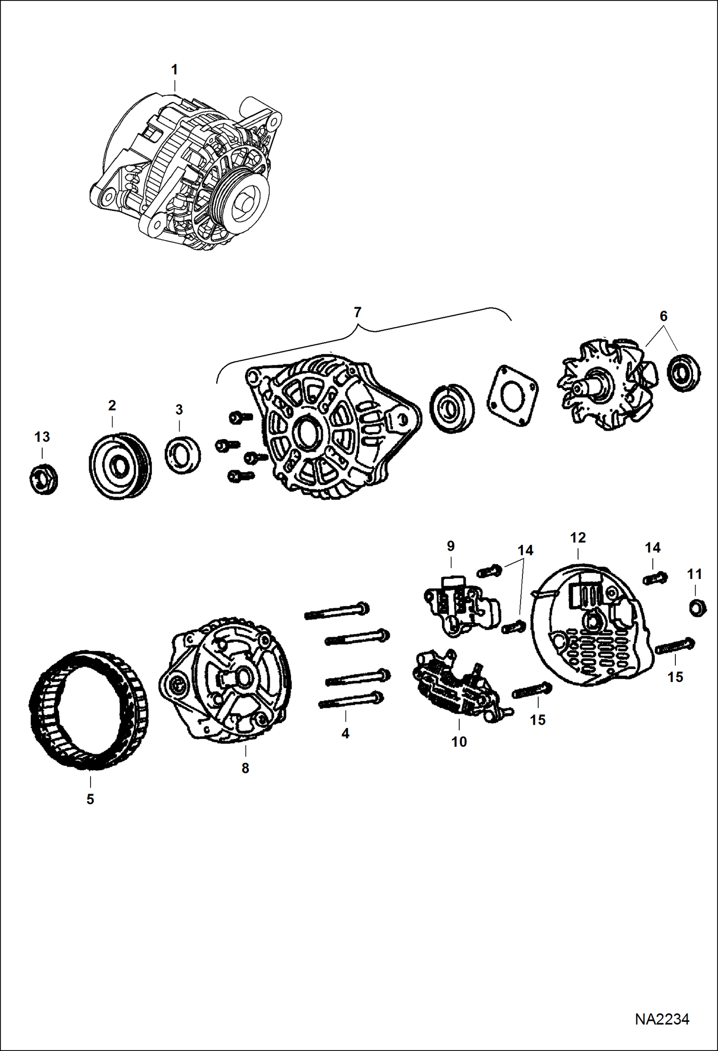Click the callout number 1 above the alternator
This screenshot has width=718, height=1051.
[x=174, y=70]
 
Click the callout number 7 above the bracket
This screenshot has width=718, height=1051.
[x=357, y=312]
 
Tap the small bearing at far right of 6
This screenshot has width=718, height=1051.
[x=683, y=372]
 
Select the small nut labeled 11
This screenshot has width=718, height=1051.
[x=697, y=608]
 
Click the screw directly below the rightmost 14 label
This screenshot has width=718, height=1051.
[x=655, y=578]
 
